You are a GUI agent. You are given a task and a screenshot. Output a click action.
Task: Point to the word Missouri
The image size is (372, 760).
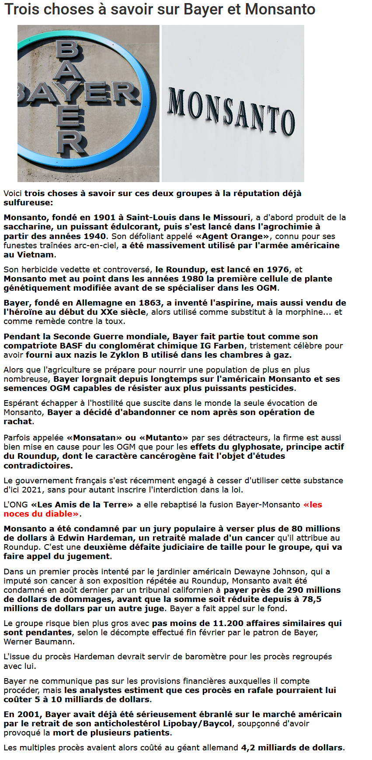click(x=231, y=218)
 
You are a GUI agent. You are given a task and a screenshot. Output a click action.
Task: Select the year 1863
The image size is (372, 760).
click(x=149, y=303)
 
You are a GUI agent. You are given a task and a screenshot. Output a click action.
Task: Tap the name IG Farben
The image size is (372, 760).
click(x=222, y=346)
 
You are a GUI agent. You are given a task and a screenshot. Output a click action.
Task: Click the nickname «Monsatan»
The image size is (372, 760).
click(x=94, y=438)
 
